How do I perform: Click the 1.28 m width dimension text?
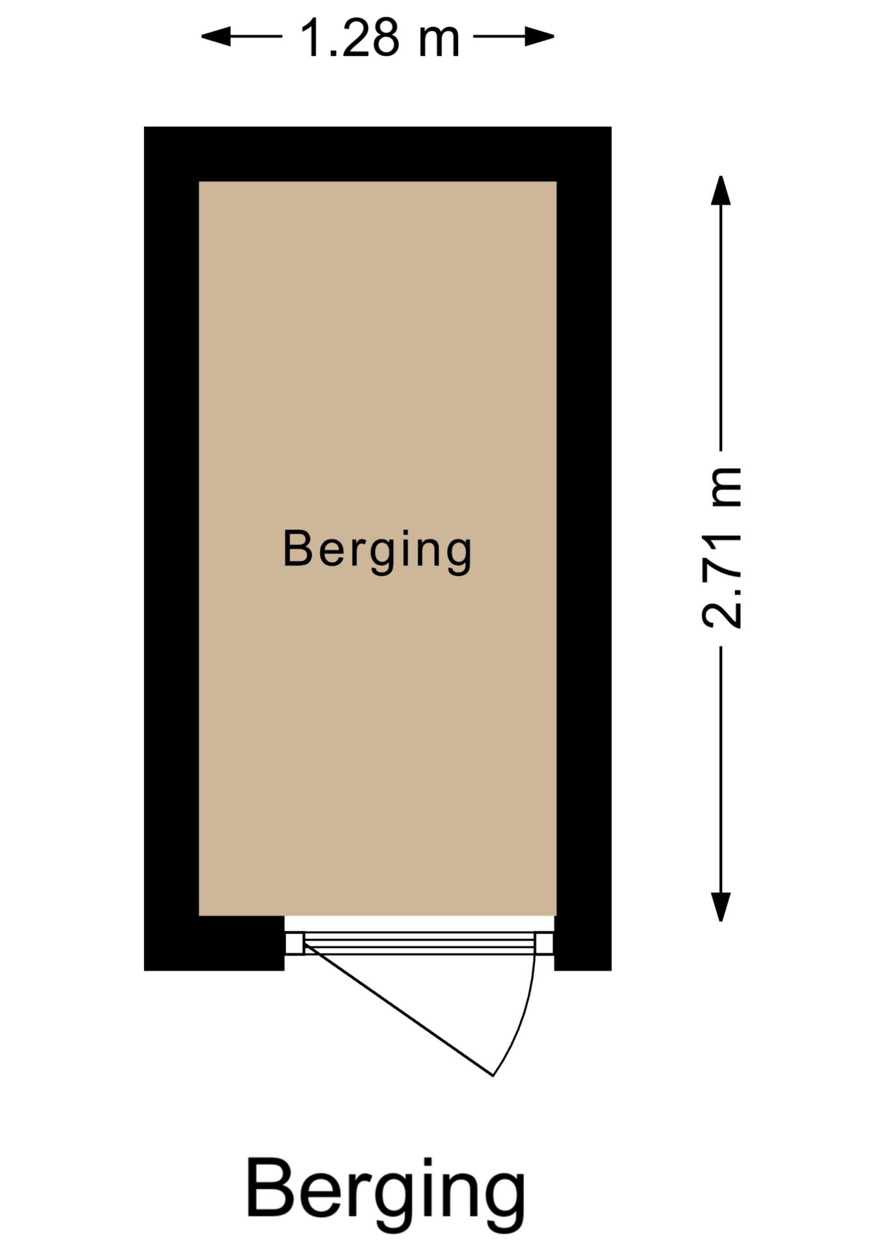pyautogui.click(x=380, y=38)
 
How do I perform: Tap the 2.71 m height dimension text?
pyautogui.click(x=722, y=548)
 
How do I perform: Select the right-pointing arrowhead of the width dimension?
pyautogui.click(x=540, y=36)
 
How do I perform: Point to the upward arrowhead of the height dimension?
pyautogui.click(x=720, y=190)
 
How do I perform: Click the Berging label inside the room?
pyautogui.click(x=377, y=551)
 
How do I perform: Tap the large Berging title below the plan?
pyautogui.click(x=386, y=1198)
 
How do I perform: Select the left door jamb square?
pyautogui.click(x=295, y=943)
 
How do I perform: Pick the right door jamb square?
pyautogui.click(x=545, y=943)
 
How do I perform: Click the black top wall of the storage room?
pyautogui.click(x=377, y=154)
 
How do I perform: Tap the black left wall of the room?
pyautogui.click(x=171, y=549)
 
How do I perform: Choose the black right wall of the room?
pyautogui.click(x=584, y=549)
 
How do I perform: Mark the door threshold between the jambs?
pyautogui.click(x=420, y=943)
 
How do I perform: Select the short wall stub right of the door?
pyautogui.click(x=583, y=943)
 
